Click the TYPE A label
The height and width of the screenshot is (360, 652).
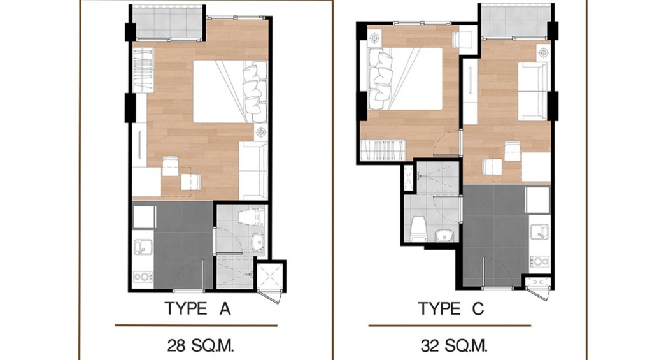[197, 309]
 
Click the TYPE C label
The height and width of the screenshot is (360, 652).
[451, 309]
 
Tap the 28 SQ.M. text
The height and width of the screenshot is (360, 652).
[201, 345]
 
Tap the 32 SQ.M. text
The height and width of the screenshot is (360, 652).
[453, 345]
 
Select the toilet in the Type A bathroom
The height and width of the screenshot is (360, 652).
[251, 217]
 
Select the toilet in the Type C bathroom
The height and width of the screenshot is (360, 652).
[418, 228]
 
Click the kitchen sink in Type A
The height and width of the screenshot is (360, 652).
[143, 247]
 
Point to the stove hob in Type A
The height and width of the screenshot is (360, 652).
[143, 277]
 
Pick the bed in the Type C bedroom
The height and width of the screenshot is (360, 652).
[406, 78]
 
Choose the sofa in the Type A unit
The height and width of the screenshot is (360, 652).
[253, 171]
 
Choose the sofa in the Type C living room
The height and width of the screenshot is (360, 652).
[533, 92]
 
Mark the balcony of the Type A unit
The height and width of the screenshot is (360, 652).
[167, 22]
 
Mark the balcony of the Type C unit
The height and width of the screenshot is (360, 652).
[516, 20]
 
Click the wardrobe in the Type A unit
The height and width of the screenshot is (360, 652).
[143, 70]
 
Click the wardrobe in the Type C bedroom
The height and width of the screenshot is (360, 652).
[383, 150]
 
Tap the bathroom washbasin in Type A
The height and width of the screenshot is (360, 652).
[259, 241]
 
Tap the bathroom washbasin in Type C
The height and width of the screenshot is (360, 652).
[444, 236]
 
